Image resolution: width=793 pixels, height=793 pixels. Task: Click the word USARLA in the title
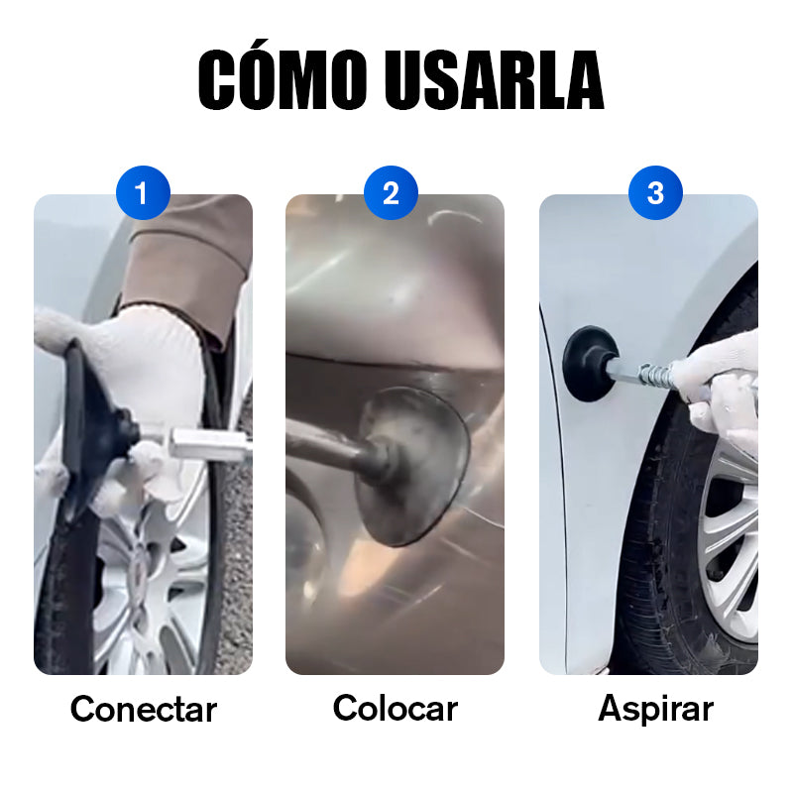pos(494,79)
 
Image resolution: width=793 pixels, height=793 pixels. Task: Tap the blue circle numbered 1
pos(143,192)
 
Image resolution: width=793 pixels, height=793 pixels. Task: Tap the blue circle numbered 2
pos(391,192)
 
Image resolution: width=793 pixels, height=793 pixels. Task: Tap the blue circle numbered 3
pos(655,192)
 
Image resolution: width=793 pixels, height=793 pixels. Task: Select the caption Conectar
pos(144,709)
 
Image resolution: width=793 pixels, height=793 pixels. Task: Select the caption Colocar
pos(395,708)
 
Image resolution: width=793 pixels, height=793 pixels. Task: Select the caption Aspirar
pos(655,710)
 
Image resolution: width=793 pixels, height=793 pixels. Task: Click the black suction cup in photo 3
pos(589,363)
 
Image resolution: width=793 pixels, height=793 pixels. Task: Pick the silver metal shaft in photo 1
pos(207,444)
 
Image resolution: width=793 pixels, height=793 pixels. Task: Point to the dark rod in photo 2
pos(331,445)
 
